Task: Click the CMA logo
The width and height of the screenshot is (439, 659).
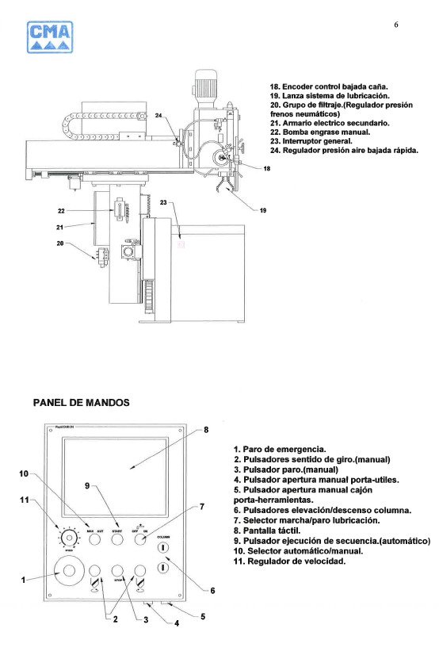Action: tap(50, 37)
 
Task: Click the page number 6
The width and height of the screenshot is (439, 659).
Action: tap(396, 25)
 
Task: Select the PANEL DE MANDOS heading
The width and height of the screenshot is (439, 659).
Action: tap(81, 402)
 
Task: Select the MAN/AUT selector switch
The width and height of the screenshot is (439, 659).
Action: tap(95, 539)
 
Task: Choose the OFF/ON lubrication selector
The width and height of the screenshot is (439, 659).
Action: tap(141, 539)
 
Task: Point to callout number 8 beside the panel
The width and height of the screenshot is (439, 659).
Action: tap(206, 430)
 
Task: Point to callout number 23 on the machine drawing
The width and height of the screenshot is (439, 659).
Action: tap(164, 202)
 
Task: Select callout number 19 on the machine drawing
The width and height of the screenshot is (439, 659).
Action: tap(262, 209)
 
